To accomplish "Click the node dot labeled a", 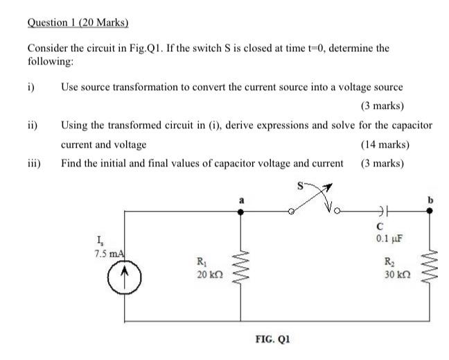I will tap(241, 212).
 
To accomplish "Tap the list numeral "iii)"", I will tap(34, 164).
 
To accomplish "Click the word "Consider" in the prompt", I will tap(46, 49).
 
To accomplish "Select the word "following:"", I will tap(49, 62).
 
